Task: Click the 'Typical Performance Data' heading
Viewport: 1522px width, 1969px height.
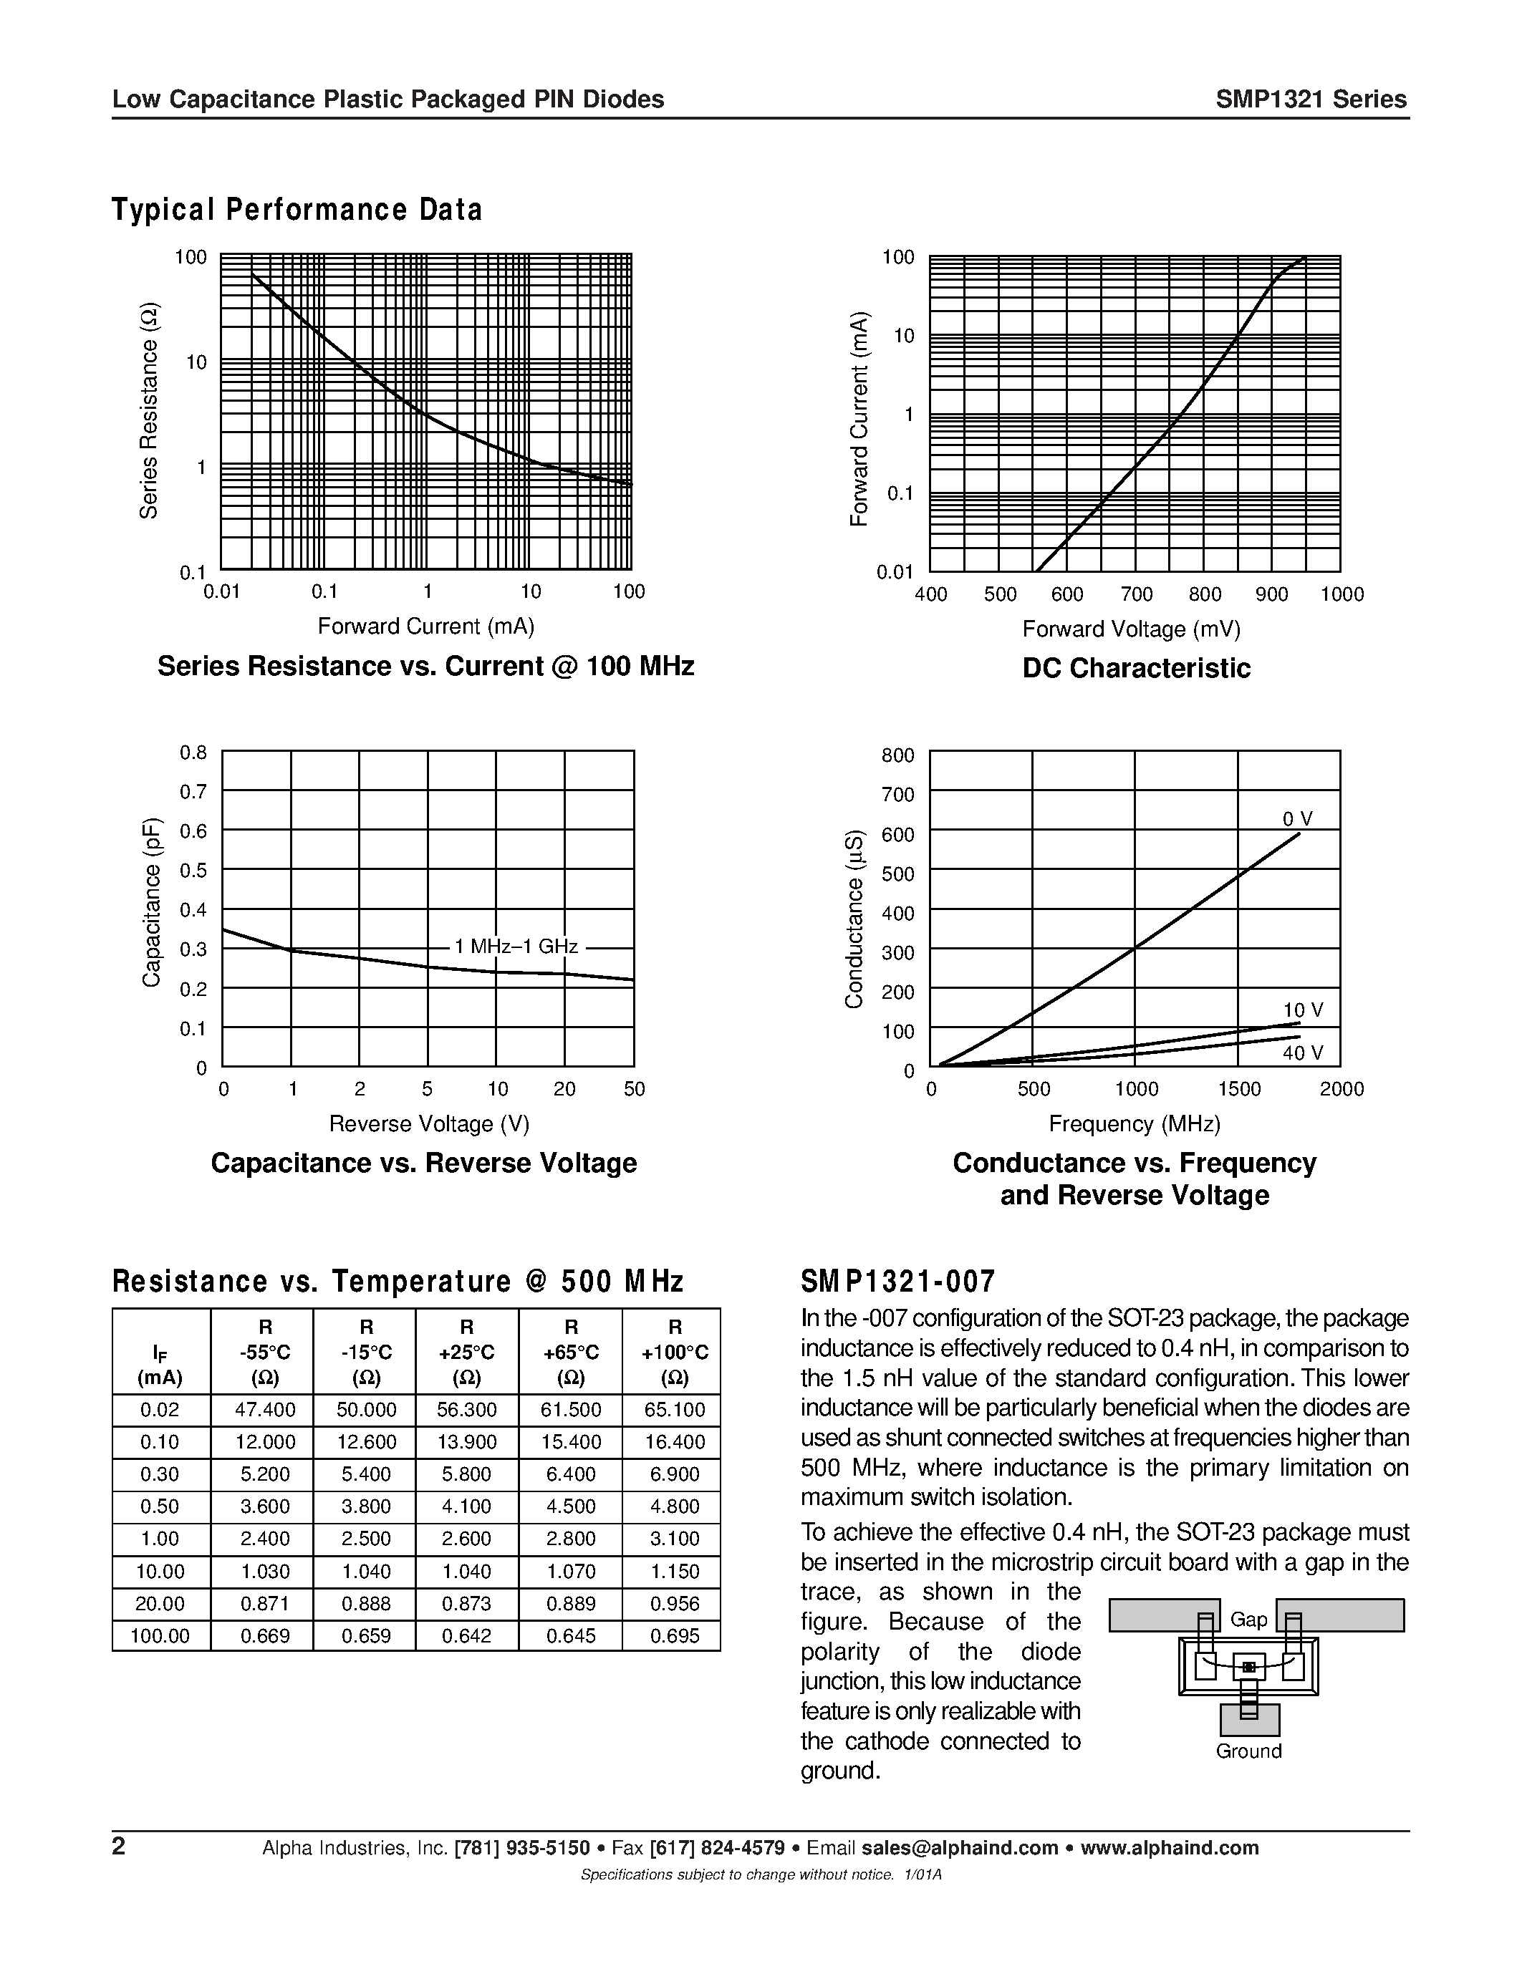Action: click(297, 209)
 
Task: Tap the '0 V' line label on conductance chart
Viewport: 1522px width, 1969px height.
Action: click(1298, 818)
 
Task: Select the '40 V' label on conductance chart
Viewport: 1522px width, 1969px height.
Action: click(1303, 1053)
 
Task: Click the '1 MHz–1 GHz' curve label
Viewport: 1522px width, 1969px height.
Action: click(516, 947)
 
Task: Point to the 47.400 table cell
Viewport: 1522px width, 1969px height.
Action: click(261, 1410)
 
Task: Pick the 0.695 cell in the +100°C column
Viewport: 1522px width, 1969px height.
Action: click(675, 1635)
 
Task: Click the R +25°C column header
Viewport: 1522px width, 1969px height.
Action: click(467, 1353)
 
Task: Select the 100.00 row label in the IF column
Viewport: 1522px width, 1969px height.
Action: click(160, 1635)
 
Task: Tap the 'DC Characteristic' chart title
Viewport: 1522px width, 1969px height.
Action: click(1136, 668)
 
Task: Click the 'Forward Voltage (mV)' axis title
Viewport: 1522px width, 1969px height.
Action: click(1132, 629)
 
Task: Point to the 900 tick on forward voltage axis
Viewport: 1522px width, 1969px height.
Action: click(1271, 594)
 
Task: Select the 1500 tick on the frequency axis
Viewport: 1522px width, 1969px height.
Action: click(1239, 1089)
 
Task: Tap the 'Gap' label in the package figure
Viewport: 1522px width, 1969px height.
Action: click(1249, 1619)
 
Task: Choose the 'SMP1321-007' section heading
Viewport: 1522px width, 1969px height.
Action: click(898, 1281)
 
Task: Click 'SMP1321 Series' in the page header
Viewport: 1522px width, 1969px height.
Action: click(1310, 100)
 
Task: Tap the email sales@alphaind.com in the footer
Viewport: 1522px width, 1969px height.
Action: click(959, 1848)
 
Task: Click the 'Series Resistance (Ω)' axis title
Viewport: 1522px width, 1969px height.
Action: click(149, 411)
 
